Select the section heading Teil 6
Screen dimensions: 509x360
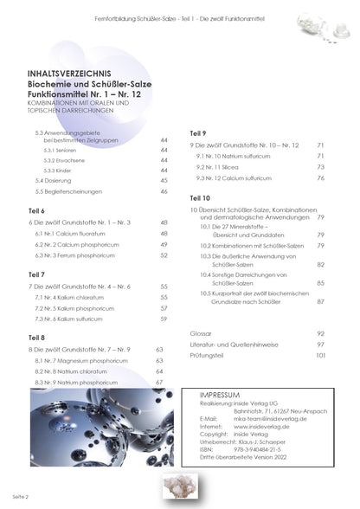[36, 210]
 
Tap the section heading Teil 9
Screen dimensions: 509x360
[197, 132]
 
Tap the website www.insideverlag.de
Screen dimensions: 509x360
[266, 426]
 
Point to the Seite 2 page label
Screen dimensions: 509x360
[20, 499]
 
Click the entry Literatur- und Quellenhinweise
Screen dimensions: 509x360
[234, 345]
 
